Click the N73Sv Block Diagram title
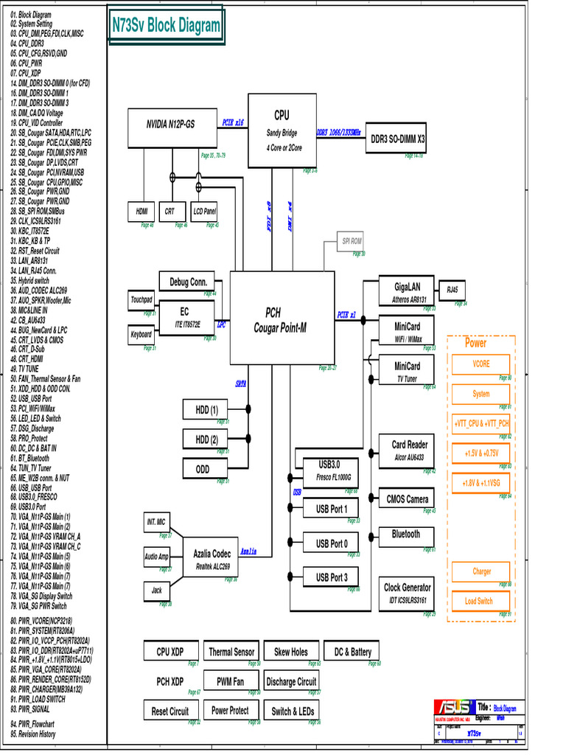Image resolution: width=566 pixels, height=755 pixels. (x=166, y=27)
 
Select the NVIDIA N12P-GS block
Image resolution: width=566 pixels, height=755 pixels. (x=170, y=125)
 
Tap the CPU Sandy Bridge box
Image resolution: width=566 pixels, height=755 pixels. (x=282, y=131)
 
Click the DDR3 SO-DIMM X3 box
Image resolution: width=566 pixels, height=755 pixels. (x=397, y=139)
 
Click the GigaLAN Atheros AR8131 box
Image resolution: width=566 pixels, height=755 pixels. (x=407, y=291)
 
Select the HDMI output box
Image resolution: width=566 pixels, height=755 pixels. (x=141, y=211)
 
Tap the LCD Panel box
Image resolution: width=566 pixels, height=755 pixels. (x=204, y=211)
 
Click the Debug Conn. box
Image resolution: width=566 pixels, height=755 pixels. (x=188, y=282)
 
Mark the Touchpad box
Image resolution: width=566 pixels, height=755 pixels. (x=141, y=300)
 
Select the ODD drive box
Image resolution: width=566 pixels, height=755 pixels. (x=202, y=469)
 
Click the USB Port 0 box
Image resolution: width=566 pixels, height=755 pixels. (x=331, y=544)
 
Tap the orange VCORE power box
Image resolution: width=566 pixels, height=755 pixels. (x=481, y=364)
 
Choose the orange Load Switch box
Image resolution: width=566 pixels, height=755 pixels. (x=478, y=601)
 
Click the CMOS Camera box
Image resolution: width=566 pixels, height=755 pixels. (x=407, y=499)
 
